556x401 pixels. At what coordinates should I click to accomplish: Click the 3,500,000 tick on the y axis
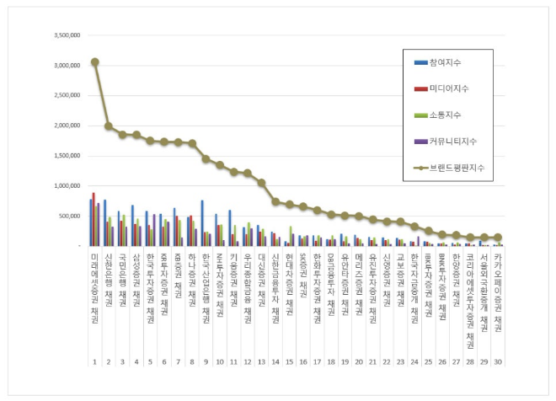(x=66, y=36)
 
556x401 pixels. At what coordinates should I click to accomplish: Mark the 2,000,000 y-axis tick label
(x=66, y=126)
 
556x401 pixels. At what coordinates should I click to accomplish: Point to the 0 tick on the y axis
(x=78, y=246)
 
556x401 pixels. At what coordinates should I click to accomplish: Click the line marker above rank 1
(x=94, y=61)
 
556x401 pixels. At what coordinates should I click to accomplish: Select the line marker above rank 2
(x=109, y=126)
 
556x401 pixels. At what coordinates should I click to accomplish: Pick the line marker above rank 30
(x=498, y=238)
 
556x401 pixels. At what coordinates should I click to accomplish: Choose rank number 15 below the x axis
(x=289, y=361)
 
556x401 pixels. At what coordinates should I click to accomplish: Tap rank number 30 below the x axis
(x=498, y=361)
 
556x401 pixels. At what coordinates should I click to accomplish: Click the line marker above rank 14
(x=275, y=201)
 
